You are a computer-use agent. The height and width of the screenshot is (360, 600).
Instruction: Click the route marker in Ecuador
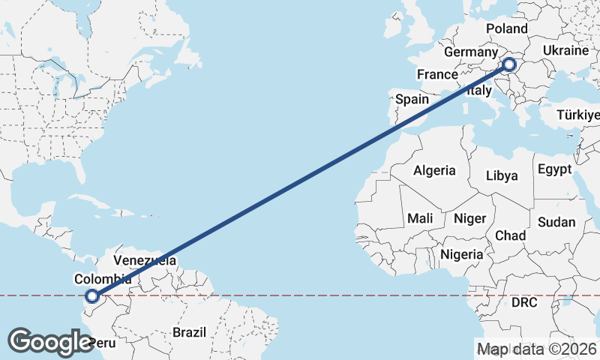coord(91,296)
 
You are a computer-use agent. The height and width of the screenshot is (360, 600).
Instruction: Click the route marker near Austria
coord(510,64)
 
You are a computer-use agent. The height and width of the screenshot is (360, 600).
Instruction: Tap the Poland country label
coord(507,28)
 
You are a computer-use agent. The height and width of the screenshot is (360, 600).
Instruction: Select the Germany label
coord(470,53)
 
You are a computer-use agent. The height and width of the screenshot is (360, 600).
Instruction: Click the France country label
coord(437,74)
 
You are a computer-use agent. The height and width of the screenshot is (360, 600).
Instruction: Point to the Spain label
coord(412,99)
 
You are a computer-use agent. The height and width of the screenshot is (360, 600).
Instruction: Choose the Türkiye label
coord(577,115)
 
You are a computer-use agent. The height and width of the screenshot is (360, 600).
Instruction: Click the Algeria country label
coord(434,170)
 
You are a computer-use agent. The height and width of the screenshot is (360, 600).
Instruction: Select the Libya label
coord(502,175)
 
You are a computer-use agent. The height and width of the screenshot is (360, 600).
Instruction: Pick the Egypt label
coord(554,169)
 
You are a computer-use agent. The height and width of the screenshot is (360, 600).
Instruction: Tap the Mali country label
coord(420,218)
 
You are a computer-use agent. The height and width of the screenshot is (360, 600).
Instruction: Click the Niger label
coord(470,218)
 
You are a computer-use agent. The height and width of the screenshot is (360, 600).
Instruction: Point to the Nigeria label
coord(462,254)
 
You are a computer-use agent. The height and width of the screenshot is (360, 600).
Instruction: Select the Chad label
coord(510,235)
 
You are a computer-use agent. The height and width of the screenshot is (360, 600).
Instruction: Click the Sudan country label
coord(556,222)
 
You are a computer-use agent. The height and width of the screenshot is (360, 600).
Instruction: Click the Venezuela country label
coord(145,261)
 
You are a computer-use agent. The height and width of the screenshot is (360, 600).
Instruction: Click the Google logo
coord(50,341)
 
